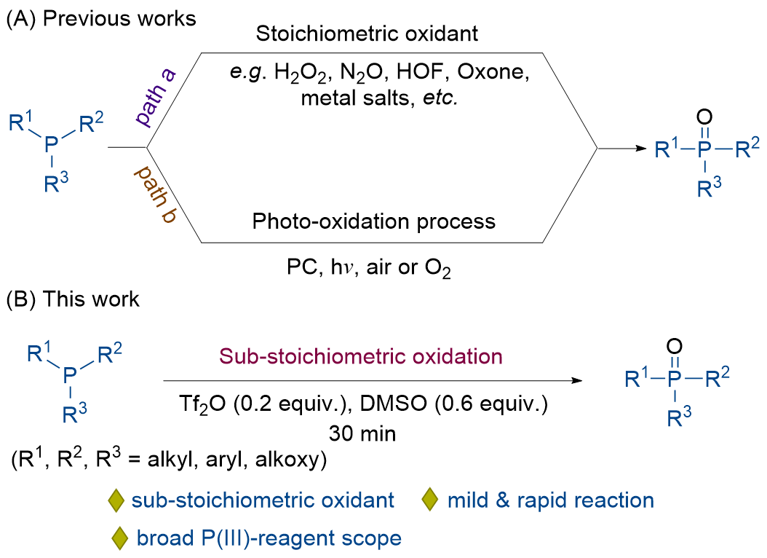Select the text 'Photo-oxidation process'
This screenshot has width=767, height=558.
(x=374, y=221)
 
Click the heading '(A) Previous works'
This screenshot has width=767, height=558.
(x=101, y=18)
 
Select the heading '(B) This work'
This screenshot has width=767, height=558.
(x=73, y=299)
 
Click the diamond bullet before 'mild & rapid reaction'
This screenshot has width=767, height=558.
(x=430, y=500)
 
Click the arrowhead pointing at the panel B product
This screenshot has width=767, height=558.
(x=578, y=381)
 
